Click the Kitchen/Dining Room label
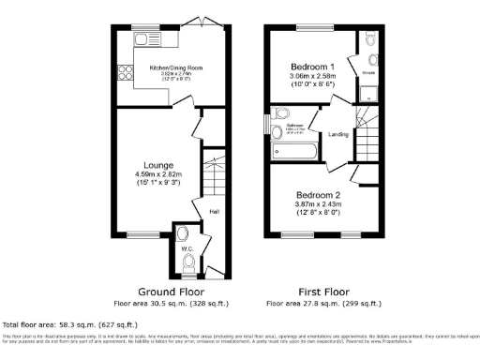tap(168, 68)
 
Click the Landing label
tap(338, 135)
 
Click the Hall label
tap(215, 211)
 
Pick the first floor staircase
tap(367, 119)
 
